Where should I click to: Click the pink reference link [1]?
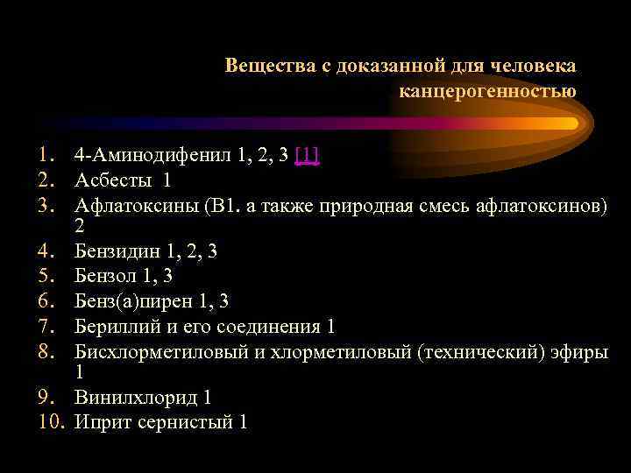click(307, 157)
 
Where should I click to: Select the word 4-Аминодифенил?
click(152, 157)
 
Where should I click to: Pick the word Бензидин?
click(117, 252)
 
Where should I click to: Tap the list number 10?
click(53, 422)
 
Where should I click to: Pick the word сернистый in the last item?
click(180, 422)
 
